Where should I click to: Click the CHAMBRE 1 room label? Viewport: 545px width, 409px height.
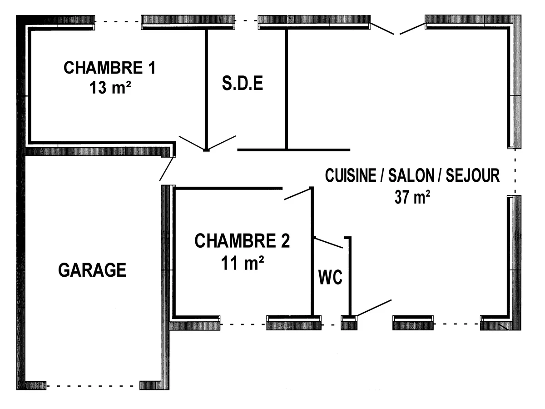(109, 68)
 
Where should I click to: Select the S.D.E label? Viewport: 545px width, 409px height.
(243, 84)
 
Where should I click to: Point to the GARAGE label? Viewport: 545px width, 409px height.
(92, 270)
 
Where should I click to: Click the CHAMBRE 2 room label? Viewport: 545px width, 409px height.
(242, 241)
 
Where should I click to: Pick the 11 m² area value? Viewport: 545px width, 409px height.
(243, 263)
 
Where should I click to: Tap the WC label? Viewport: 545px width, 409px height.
(330, 277)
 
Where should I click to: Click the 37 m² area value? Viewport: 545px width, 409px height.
(412, 198)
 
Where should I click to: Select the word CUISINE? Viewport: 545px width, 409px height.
(350, 175)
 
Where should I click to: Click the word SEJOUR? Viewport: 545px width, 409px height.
(473, 175)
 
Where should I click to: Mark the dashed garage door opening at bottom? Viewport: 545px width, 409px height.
(93, 386)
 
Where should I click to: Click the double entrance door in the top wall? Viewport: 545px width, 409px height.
(398, 28)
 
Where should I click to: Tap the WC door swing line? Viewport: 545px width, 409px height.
(328, 243)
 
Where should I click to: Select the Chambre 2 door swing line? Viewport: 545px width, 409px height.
(297, 194)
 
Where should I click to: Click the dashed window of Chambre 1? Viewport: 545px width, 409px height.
(118, 21)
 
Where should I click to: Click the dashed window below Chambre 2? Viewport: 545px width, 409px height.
(243, 324)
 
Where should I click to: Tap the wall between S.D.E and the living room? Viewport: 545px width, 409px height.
(287, 89)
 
